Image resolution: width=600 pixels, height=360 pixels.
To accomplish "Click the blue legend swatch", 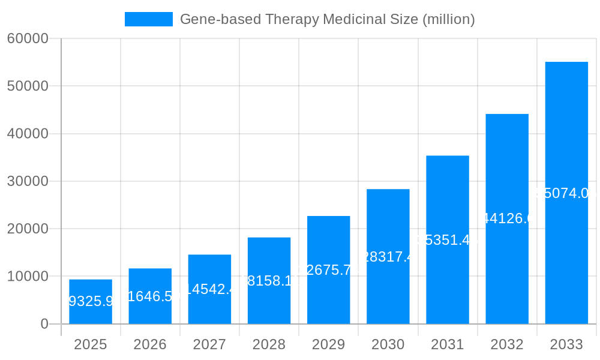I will tap(148, 19).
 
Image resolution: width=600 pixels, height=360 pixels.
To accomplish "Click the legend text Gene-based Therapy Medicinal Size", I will tap(327, 19).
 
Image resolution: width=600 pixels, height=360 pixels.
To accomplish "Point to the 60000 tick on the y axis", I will tap(27, 38).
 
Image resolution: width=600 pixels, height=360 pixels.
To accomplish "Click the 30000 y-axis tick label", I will tap(27, 181).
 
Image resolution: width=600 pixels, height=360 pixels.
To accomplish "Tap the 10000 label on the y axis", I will tap(27, 277).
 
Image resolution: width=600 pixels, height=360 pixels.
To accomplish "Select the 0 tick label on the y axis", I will tap(44, 324).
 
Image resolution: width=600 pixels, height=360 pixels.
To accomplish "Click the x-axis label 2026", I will tap(150, 344).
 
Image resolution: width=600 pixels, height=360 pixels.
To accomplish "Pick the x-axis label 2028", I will tap(269, 344).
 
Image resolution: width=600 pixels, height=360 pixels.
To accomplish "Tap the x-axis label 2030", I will tap(388, 344).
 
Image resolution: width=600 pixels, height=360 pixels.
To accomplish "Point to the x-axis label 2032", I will tap(507, 344).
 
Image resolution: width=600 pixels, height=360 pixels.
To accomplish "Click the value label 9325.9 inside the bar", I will tap(91, 301).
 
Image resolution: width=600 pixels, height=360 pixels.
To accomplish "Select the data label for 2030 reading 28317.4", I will tap(388, 257).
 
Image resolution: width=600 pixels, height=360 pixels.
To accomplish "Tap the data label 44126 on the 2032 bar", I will tap(507, 218).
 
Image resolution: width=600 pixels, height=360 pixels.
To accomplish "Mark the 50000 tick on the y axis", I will tap(27, 86).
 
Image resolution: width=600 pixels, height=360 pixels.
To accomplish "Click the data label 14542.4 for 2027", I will tap(209, 289).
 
